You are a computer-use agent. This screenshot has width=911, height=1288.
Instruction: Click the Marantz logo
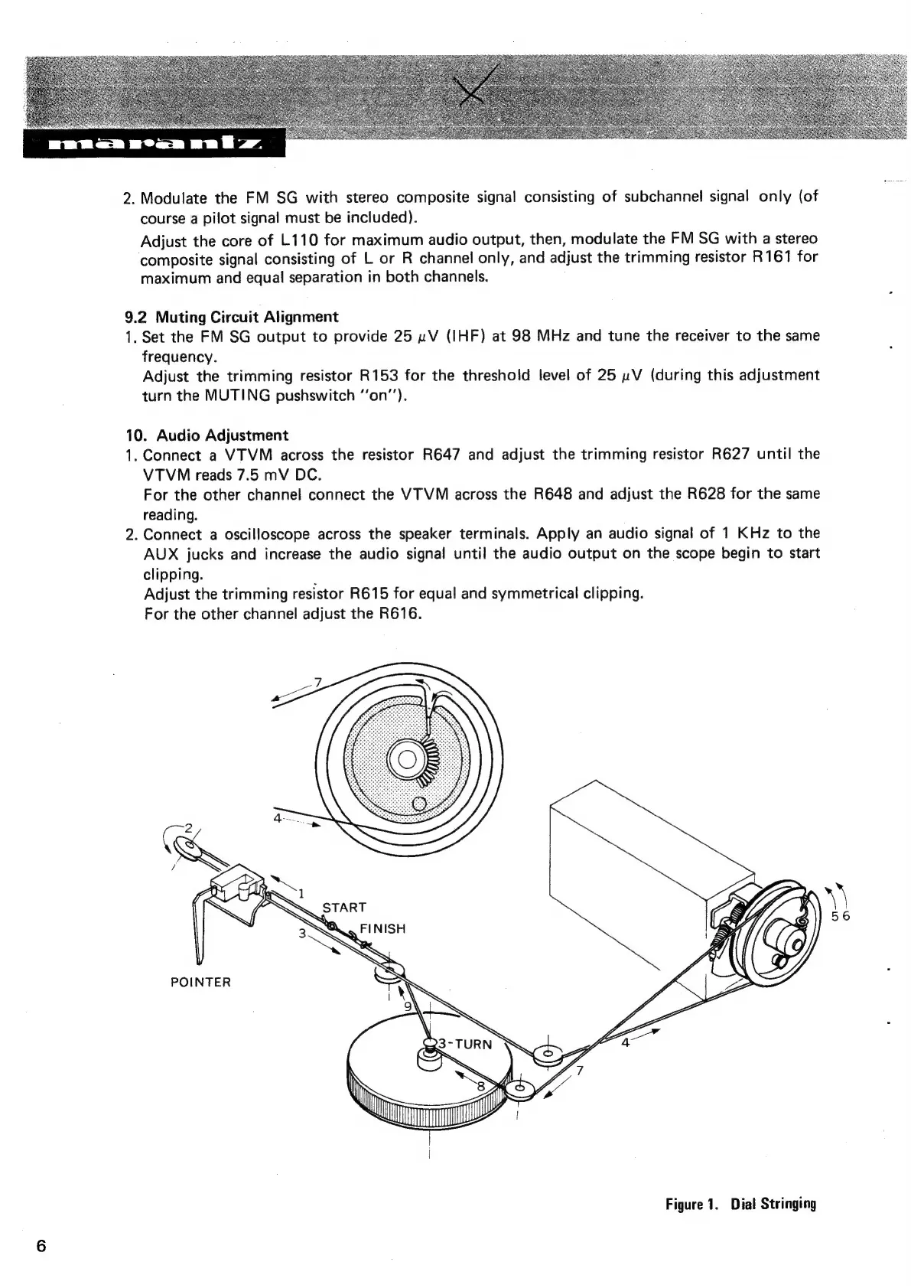tap(154, 144)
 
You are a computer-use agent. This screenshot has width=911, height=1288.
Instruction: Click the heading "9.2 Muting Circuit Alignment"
tap(231, 316)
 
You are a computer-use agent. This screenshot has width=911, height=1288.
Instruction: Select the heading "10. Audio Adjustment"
tap(207, 435)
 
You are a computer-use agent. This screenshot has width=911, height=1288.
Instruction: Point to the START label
tap(344, 908)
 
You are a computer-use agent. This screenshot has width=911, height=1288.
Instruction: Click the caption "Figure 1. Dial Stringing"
tap(740, 1204)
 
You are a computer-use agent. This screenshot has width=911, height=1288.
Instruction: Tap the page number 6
tap(41, 1245)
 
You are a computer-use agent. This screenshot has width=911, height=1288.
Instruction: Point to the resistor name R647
tap(441, 455)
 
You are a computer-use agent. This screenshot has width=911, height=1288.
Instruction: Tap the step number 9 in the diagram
tap(408, 1006)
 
